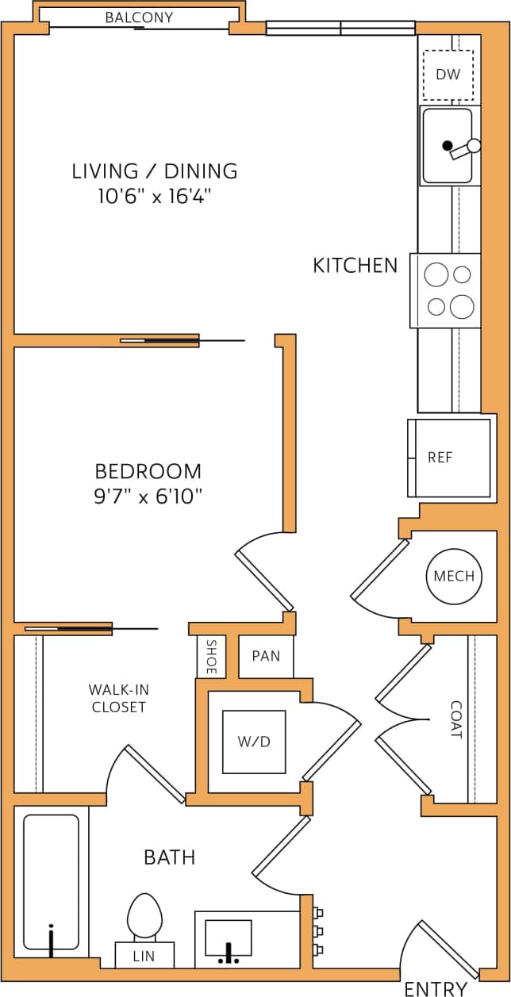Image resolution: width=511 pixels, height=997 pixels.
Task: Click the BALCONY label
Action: [139, 17]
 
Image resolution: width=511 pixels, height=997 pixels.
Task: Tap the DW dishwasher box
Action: [448, 75]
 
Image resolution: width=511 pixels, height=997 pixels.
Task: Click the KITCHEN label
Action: [355, 266]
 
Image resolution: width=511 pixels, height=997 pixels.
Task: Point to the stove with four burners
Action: [446, 290]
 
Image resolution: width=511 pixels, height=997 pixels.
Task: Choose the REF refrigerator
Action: [449, 458]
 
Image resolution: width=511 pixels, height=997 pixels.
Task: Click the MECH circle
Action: [454, 576]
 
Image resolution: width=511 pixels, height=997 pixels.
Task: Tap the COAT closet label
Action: [456, 719]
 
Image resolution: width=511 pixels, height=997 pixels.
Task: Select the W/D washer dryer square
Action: [254, 742]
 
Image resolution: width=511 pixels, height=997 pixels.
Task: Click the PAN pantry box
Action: [266, 656]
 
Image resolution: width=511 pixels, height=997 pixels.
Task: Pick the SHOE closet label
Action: [211, 657]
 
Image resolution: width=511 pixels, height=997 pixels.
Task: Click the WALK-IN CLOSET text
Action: [117, 698]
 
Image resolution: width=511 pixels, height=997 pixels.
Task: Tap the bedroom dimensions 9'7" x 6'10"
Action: [148, 497]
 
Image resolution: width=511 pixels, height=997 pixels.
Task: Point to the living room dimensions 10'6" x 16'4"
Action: [155, 196]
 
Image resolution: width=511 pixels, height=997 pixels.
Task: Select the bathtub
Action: [51, 881]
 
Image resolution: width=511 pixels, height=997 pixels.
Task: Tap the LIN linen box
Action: [144, 957]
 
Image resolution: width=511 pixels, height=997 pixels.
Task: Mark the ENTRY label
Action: [436, 988]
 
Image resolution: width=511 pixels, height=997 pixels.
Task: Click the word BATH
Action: [170, 857]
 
